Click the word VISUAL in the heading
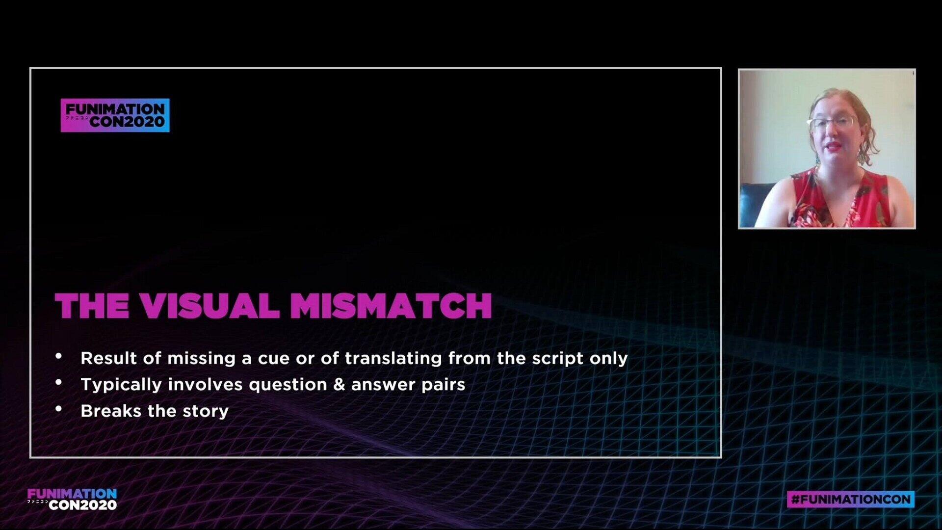tap(209, 306)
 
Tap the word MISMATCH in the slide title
tap(391, 306)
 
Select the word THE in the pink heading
tap(92, 306)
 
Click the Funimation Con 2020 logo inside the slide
tap(115, 115)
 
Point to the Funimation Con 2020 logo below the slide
tap(72, 499)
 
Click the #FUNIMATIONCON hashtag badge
tap(851, 499)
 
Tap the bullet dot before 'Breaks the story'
tap(59, 408)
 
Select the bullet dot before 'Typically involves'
tap(59, 382)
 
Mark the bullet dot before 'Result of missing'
tap(59, 356)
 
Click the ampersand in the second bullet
tap(339, 384)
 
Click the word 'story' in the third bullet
tap(206, 411)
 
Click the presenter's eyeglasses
tap(834, 123)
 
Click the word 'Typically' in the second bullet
tap(121, 385)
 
